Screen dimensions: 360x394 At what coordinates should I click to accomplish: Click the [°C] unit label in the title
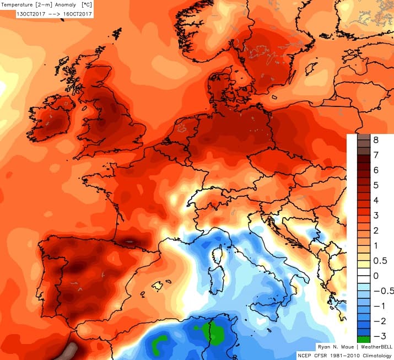click(x=87, y=4)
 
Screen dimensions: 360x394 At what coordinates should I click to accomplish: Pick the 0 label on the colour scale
click(x=377, y=275)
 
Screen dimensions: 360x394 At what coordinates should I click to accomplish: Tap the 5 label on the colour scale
click(x=377, y=185)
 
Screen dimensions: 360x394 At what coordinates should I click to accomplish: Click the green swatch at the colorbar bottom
click(x=363, y=338)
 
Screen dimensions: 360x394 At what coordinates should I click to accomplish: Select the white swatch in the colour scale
click(x=363, y=275)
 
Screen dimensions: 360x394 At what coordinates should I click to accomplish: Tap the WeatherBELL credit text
click(x=370, y=347)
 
